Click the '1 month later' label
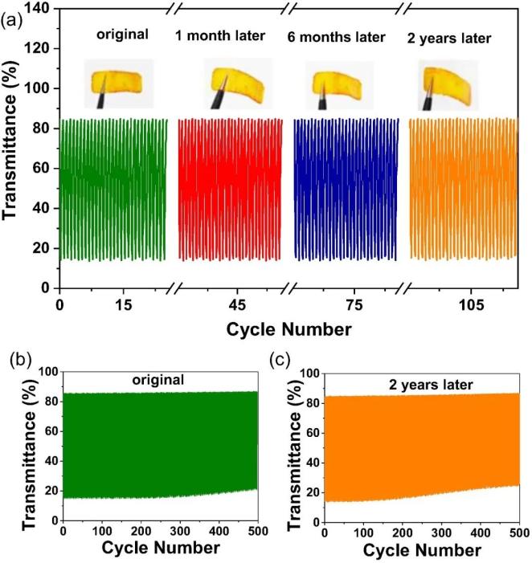[x=220, y=35]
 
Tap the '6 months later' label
[x=336, y=37]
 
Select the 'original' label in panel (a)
[x=123, y=35]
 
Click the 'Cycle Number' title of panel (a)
[x=287, y=329]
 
